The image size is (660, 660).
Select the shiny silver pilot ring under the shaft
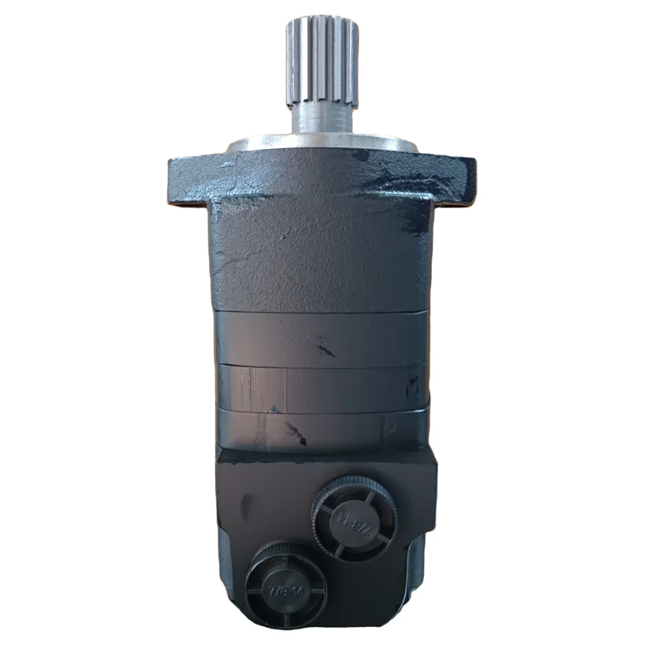click(x=323, y=142)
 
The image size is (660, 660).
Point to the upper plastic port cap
click(x=356, y=518)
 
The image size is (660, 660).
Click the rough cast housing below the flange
click(x=323, y=257)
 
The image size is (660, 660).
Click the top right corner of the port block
click(x=433, y=455)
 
